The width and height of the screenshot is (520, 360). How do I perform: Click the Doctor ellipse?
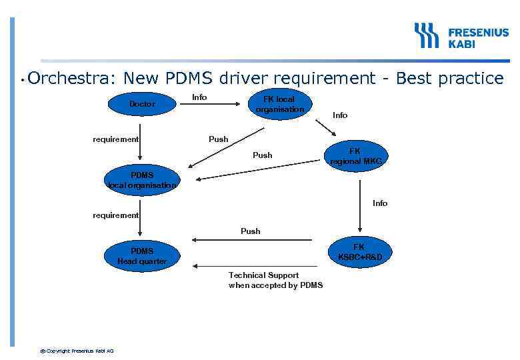coord(142,104)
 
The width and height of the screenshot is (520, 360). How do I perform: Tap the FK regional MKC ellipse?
coord(355,156)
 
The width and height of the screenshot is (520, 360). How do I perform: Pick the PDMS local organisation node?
coord(142,181)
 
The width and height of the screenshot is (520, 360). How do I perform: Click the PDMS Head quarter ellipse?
coord(142,256)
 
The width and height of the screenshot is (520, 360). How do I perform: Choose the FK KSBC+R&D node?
coord(359,252)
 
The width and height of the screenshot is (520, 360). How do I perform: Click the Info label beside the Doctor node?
coord(199,97)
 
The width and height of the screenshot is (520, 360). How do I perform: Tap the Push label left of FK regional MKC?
coord(262,155)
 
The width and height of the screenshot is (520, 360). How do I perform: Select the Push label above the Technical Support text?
coord(250,231)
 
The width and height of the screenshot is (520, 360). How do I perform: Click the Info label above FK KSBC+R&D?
coord(380,203)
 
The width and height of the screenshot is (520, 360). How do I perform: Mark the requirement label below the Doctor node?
coord(115,139)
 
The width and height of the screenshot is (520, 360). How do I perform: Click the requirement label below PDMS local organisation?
coord(115,215)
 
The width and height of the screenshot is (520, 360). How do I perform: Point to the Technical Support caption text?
coord(275,280)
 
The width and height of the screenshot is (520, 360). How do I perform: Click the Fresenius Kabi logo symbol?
coord(427,35)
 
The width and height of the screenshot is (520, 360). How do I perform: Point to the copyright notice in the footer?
coord(77,351)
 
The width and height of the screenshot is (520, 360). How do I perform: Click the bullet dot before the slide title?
coord(22,81)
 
